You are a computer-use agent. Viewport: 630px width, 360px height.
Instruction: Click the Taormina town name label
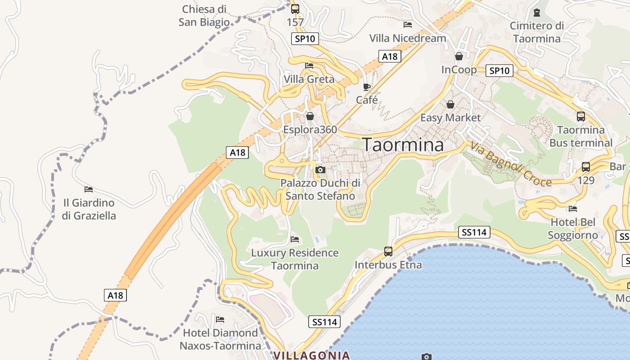(403, 144)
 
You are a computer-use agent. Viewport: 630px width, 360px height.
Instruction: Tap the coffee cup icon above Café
(367, 87)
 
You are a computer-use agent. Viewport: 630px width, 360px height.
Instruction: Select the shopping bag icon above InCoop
(459, 56)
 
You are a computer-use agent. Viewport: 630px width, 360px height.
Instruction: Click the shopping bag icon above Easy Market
(450, 104)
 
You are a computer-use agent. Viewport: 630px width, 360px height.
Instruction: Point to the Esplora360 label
(310, 130)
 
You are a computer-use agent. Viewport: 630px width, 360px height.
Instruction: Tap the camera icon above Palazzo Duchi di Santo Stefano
(320, 170)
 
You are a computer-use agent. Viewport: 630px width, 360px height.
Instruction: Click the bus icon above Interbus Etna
(388, 252)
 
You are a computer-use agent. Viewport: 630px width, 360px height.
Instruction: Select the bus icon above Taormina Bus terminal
(581, 116)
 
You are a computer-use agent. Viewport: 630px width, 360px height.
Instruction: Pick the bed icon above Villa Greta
(309, 66)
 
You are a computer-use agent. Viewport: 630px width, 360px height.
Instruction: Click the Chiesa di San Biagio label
(204, 16)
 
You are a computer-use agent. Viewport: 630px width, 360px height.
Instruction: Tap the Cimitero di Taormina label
(537, 32)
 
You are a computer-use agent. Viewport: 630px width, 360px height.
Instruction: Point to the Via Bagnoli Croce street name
(511, 164)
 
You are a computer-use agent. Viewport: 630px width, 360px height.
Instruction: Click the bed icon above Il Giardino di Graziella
(89, 189)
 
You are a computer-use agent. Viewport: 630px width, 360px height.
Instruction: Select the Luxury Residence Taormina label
(295, 259)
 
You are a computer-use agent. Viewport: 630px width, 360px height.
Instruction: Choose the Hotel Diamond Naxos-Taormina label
(220, 339)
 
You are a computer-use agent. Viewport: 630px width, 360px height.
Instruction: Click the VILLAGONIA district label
(312, 355)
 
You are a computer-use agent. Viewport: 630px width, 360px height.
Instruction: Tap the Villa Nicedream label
(408, 38)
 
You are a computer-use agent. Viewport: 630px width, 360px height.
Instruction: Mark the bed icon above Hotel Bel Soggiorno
(573, 208)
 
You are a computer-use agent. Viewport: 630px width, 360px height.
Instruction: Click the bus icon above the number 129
(585, 166)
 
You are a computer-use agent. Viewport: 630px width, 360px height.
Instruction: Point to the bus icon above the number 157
(295, 9)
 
